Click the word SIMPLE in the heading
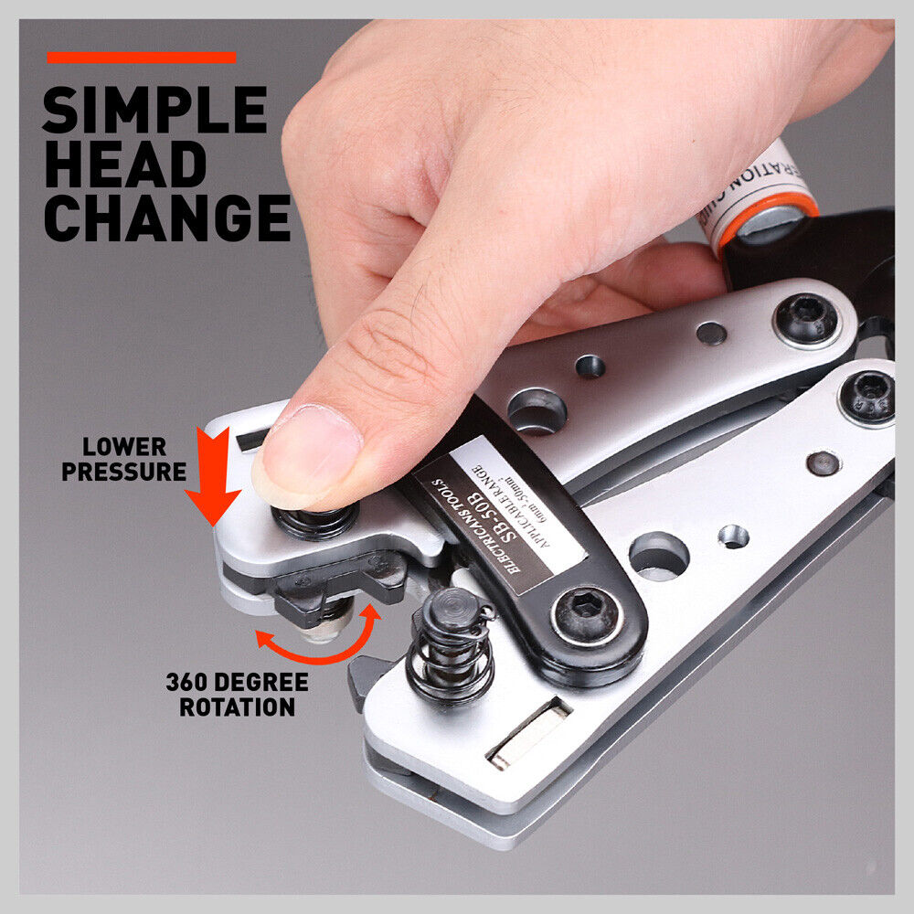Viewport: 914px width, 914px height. click(x=154, y=111)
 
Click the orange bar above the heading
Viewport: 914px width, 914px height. click(x=141, y=58)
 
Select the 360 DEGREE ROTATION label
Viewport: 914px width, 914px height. click(x=237, y=695)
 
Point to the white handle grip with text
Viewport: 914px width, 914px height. click(x=758, y=183)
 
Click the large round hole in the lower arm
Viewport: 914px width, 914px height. click(x=658, y=555)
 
